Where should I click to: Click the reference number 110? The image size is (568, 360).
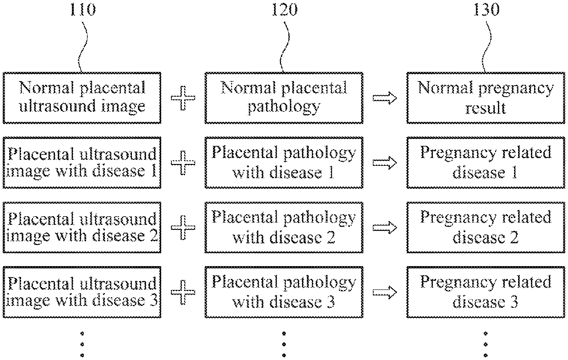pos(82,9)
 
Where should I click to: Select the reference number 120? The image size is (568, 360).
pos(284,9)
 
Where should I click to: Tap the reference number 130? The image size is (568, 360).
pos(486,9)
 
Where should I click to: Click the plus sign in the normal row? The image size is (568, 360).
pos(183,98)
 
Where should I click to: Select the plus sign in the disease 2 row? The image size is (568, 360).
pos(183,228)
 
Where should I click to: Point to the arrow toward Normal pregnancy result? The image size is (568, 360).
pos(385,98)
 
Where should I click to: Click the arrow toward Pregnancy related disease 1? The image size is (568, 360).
pos(385,163)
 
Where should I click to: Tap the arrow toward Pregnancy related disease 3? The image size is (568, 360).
pos(385,292)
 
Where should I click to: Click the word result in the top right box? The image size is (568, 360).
pos(486,108)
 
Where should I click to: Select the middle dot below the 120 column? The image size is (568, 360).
pos(284,344)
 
